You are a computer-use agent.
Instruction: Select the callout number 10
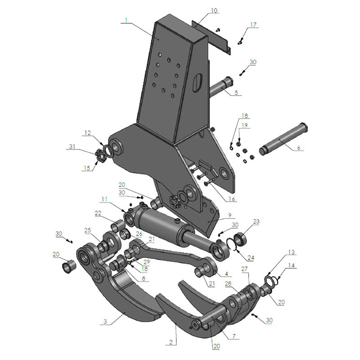[214, 10]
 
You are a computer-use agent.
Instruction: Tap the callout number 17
[254, 25]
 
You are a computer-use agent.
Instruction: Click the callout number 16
[232, 198]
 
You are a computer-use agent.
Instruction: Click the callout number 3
[105, 322]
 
